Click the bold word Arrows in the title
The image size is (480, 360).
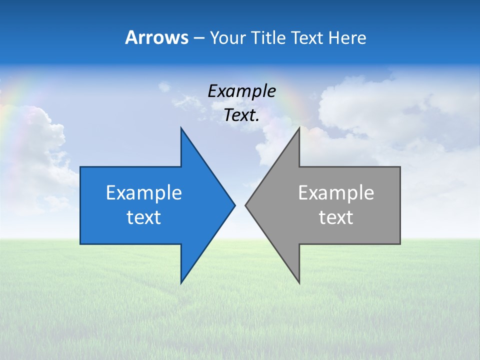tap(156, 37)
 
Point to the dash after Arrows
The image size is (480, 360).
tap(198, 38)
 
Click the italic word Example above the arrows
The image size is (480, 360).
tap(241, 91)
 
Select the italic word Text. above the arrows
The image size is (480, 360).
tap(241, 115)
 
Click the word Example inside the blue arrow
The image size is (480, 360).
tap(144, 193)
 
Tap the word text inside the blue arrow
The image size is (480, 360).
tap(144, 217)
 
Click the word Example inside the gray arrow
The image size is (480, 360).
tap(336, 193)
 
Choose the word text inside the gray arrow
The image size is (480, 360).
tap(336, 217)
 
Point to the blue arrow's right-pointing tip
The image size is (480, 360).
tap(234, 205)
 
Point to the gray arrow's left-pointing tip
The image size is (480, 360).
tap(246, 205)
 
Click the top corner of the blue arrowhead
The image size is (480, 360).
tap(181, 128)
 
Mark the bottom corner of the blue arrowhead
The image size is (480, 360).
tap(181, 282)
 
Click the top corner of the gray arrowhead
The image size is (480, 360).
tap(299, 128)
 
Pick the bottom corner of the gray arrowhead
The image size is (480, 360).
tap(299, 282)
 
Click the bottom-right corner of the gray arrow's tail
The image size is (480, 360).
tap(399, 243)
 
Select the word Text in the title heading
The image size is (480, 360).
tap(308, 37)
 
